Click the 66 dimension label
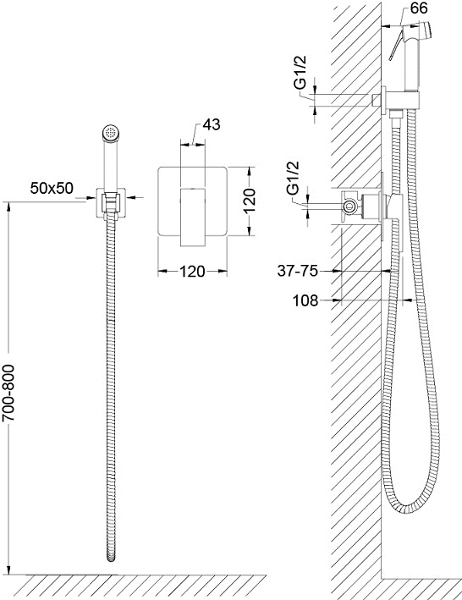(418, 8)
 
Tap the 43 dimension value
(212, 124)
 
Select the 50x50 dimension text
(52, 188)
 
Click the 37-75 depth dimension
(298, 271)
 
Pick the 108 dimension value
(305, 300)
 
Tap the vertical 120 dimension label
(249, 201)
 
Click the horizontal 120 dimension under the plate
(192, 272)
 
